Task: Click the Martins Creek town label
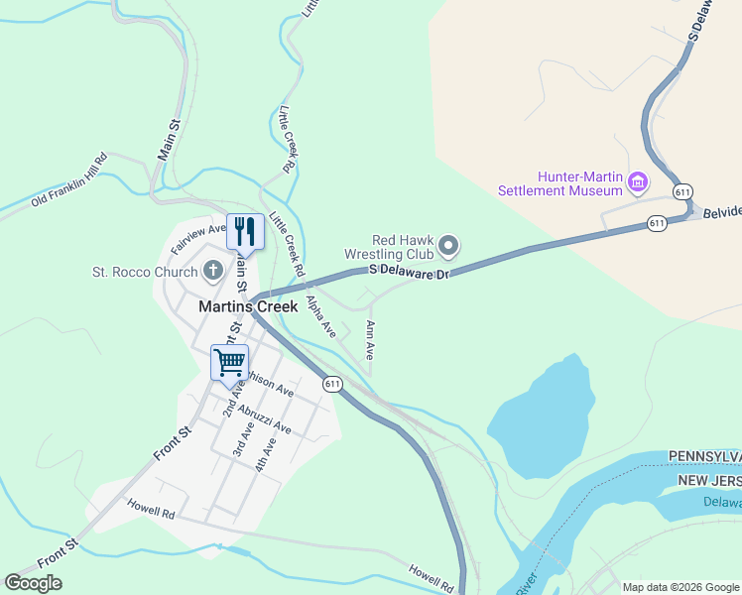(247, 306)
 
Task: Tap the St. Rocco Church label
(145, 272)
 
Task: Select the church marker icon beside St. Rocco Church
(212, 270)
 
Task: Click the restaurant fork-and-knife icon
(245, 231)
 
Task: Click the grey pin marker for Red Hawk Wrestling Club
(449, 245)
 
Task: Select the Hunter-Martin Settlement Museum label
(559, 182)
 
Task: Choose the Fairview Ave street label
(198, 237)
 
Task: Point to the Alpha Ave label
(320, 314)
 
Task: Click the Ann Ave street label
(370, 339)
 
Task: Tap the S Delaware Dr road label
(410, 271)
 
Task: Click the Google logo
(33, 583)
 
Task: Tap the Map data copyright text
(680, 587)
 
